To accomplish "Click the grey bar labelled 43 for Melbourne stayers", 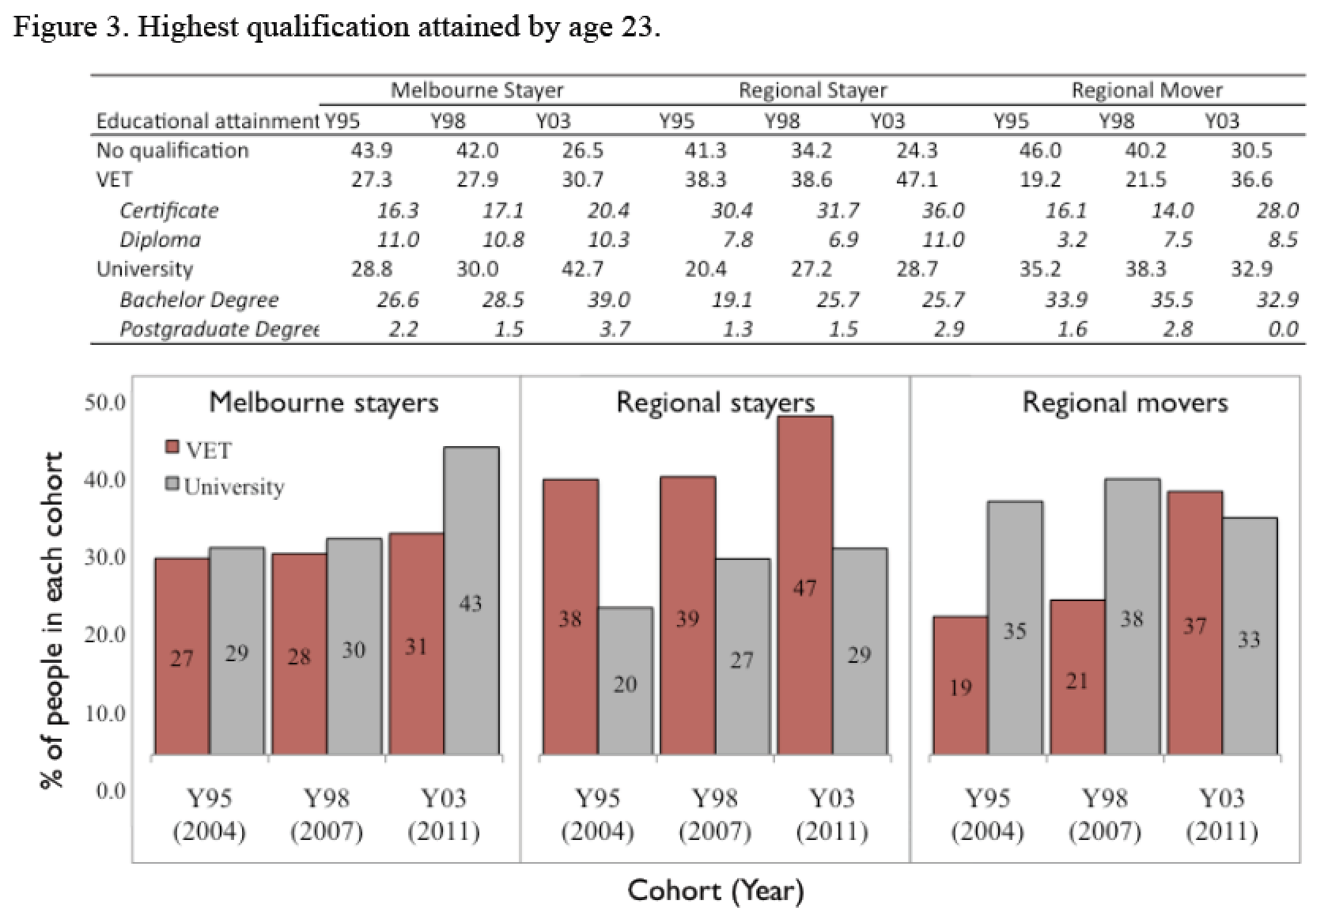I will click(471, 601).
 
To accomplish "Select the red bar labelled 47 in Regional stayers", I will click(804, 585).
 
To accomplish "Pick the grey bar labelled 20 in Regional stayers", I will click(625, 682).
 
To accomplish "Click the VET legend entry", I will click(199, 450).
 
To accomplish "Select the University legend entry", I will click(225, 486).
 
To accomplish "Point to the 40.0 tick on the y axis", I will click(104, 480).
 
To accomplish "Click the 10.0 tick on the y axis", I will click(104, 713).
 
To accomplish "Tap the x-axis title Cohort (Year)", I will click(715, 891).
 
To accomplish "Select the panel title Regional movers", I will click(1125, 403).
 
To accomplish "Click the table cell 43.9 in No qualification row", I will click(371, 150).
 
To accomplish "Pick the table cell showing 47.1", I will click(917, 180).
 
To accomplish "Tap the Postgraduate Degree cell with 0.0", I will click(1282, 329).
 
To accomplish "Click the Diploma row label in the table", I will click(160, 240).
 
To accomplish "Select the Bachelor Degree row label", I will click(199, 300).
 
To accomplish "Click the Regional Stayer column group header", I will click(812, 90).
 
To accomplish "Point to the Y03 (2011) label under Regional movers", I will click(1221, 814).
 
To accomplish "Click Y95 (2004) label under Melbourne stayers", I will click(209, 814).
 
